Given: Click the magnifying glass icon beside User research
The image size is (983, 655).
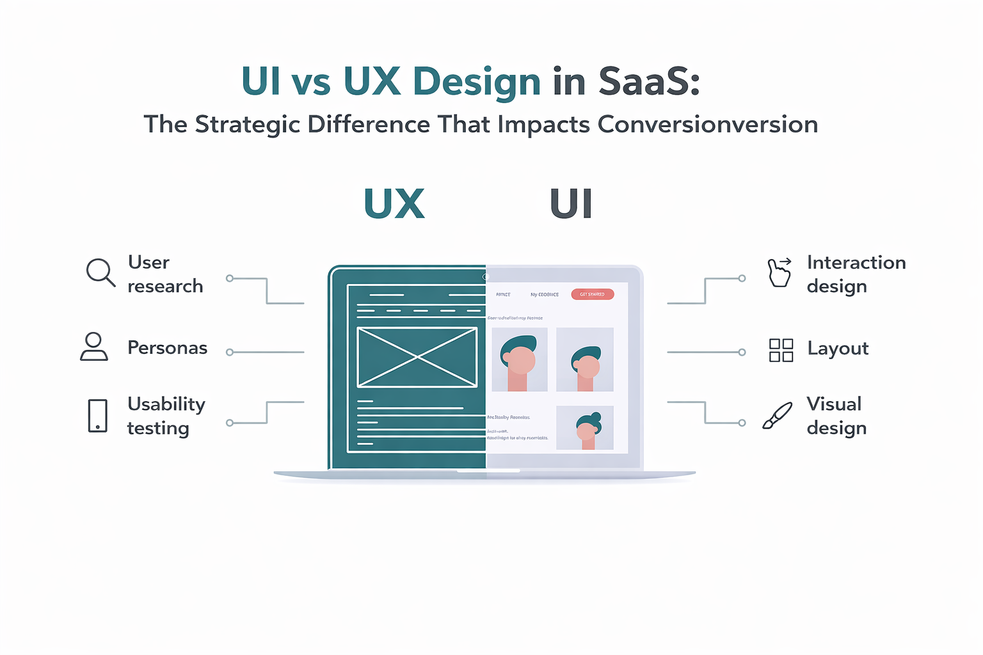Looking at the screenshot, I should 100,272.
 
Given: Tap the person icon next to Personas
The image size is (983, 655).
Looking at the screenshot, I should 94,347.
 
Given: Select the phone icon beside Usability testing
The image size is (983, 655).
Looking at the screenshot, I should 98,416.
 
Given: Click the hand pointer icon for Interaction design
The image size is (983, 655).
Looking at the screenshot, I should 779,272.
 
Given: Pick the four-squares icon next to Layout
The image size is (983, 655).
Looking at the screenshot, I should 781,351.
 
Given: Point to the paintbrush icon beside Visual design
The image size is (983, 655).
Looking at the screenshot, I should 777,416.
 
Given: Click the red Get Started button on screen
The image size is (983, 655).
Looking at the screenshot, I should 592,294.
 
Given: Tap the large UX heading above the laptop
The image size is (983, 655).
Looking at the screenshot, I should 394,205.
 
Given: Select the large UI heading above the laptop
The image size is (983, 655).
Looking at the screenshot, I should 571,205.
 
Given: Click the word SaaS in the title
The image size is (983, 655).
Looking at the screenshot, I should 648,82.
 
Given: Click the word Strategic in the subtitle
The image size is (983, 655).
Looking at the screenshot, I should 248,125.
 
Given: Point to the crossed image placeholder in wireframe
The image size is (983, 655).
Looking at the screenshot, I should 417,357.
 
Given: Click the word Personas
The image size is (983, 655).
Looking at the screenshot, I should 167,348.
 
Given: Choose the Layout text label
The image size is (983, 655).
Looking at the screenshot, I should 837,349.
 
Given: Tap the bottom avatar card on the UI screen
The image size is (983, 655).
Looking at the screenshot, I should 585,428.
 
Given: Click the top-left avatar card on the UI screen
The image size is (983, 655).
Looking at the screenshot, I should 519,359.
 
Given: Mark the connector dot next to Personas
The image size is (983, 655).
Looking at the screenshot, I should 230,352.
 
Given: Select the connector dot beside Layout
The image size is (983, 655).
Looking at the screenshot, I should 742,352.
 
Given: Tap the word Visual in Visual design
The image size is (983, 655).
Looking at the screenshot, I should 833,404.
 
